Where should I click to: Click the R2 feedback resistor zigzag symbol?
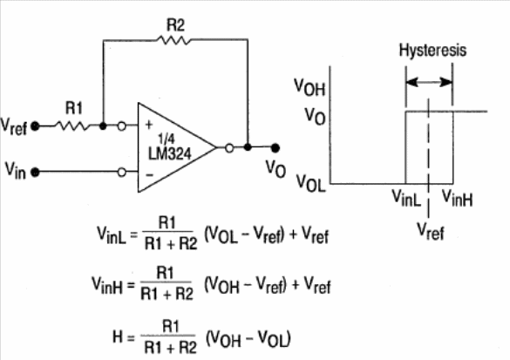tap(173, 40)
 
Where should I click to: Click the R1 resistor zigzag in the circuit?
tap(73, 126)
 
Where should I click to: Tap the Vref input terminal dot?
tap(35, 126)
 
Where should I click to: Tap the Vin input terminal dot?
tap(35, 172)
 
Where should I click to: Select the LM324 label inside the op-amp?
tap(170, 153)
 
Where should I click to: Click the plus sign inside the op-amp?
tap(149, 125)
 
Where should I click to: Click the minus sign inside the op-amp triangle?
tap(149, 175)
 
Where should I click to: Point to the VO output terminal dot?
tap(275, 148)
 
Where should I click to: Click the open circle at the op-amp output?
tap(229, 148)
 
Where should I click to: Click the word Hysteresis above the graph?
tap(432, 51)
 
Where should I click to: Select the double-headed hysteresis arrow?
tap(429, 82)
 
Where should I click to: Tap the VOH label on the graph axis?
tap(309, 87)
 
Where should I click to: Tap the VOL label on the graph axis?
tap(310, 183)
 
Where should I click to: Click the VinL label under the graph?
tap(406, 198)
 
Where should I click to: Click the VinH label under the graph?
tap(458, 198)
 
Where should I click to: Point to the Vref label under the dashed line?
tap(431, 231)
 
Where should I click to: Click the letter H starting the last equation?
tap(118, 336)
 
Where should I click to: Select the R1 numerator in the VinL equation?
tap(167, 223)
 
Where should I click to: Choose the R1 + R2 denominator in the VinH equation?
tap(167, 295)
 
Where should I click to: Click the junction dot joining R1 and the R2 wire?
tap(103, 126)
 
